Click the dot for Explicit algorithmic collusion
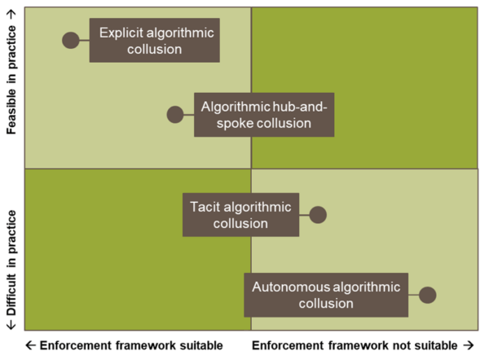tap(71, 40)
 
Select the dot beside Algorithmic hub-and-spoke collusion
tap(175, 115)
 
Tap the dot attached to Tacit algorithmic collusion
tap(318, 215)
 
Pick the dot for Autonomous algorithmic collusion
tap(427, 296)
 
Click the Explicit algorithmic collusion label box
tap(154, 41)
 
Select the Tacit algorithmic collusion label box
tap(240, 215)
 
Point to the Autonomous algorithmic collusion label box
tap(325, 295)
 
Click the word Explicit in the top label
tap(121, 33)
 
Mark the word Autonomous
tap(290, 287)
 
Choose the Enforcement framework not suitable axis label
tap(355, 345)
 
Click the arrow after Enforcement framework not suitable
tap(468, 345)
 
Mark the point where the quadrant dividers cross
tap(251, 169)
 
